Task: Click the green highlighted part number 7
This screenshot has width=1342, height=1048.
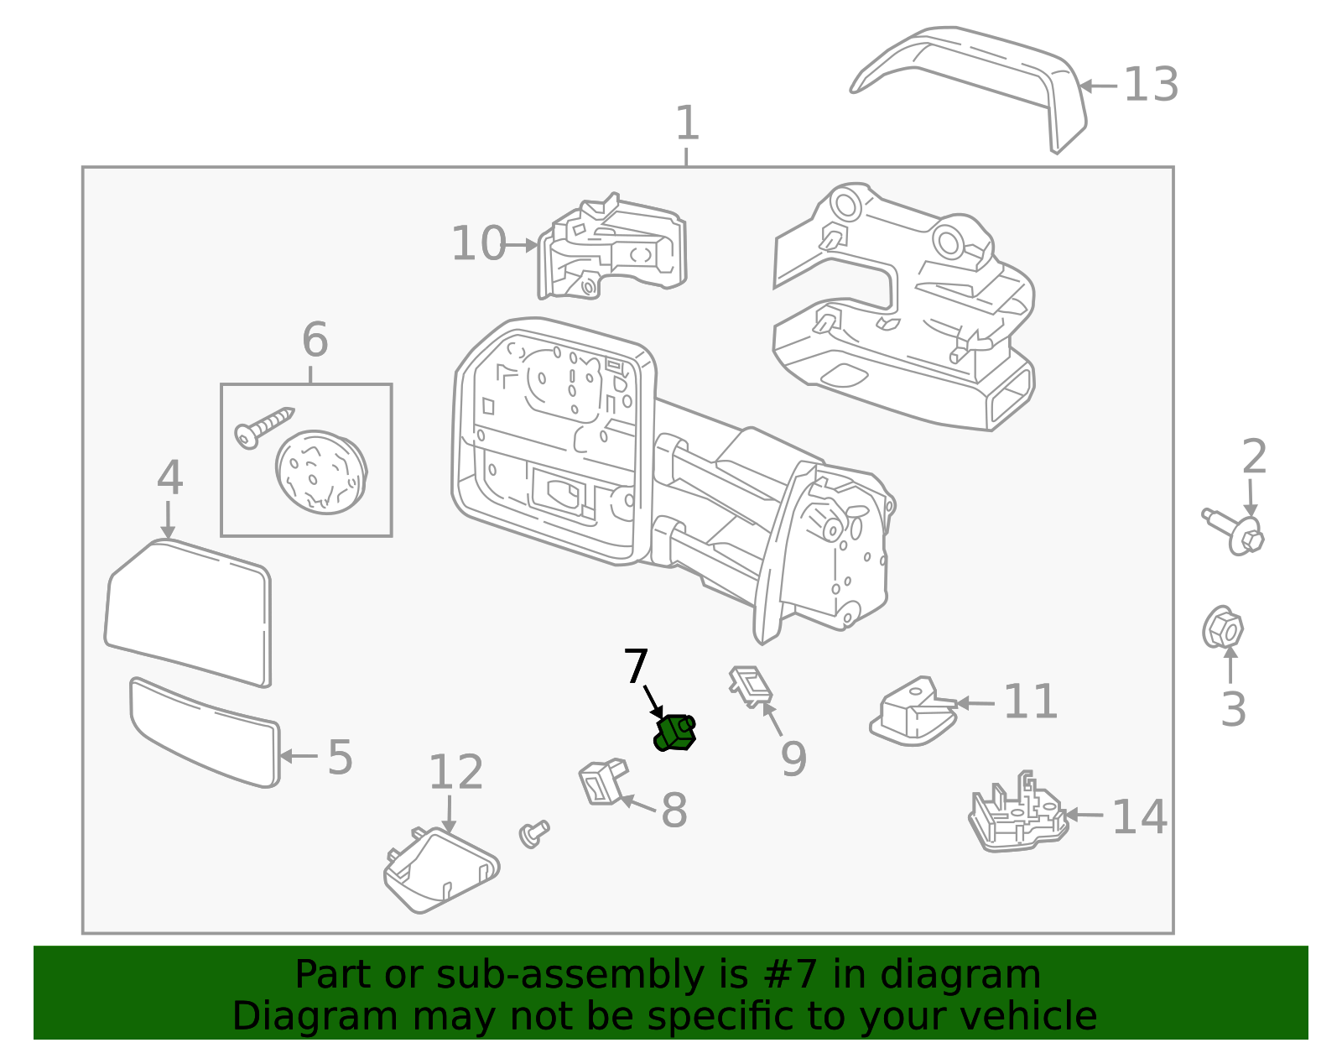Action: (674, 733)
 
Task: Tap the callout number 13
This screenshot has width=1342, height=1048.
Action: (1151, 85)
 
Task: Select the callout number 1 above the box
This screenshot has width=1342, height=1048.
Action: (687, 124)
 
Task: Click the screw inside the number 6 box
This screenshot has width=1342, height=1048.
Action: (263, 425)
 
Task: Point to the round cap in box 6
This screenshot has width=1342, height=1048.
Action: (321, 472)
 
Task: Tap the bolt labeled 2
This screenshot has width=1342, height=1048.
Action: (1235, 531)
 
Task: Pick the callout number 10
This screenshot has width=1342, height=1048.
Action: (478, 244)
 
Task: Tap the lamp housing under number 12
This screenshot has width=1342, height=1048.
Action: (440, 870)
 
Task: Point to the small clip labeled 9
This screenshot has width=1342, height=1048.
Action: (752, 684)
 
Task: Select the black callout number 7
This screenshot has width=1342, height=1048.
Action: (636, 667)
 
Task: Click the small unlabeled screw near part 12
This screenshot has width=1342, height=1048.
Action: (533, 832)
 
